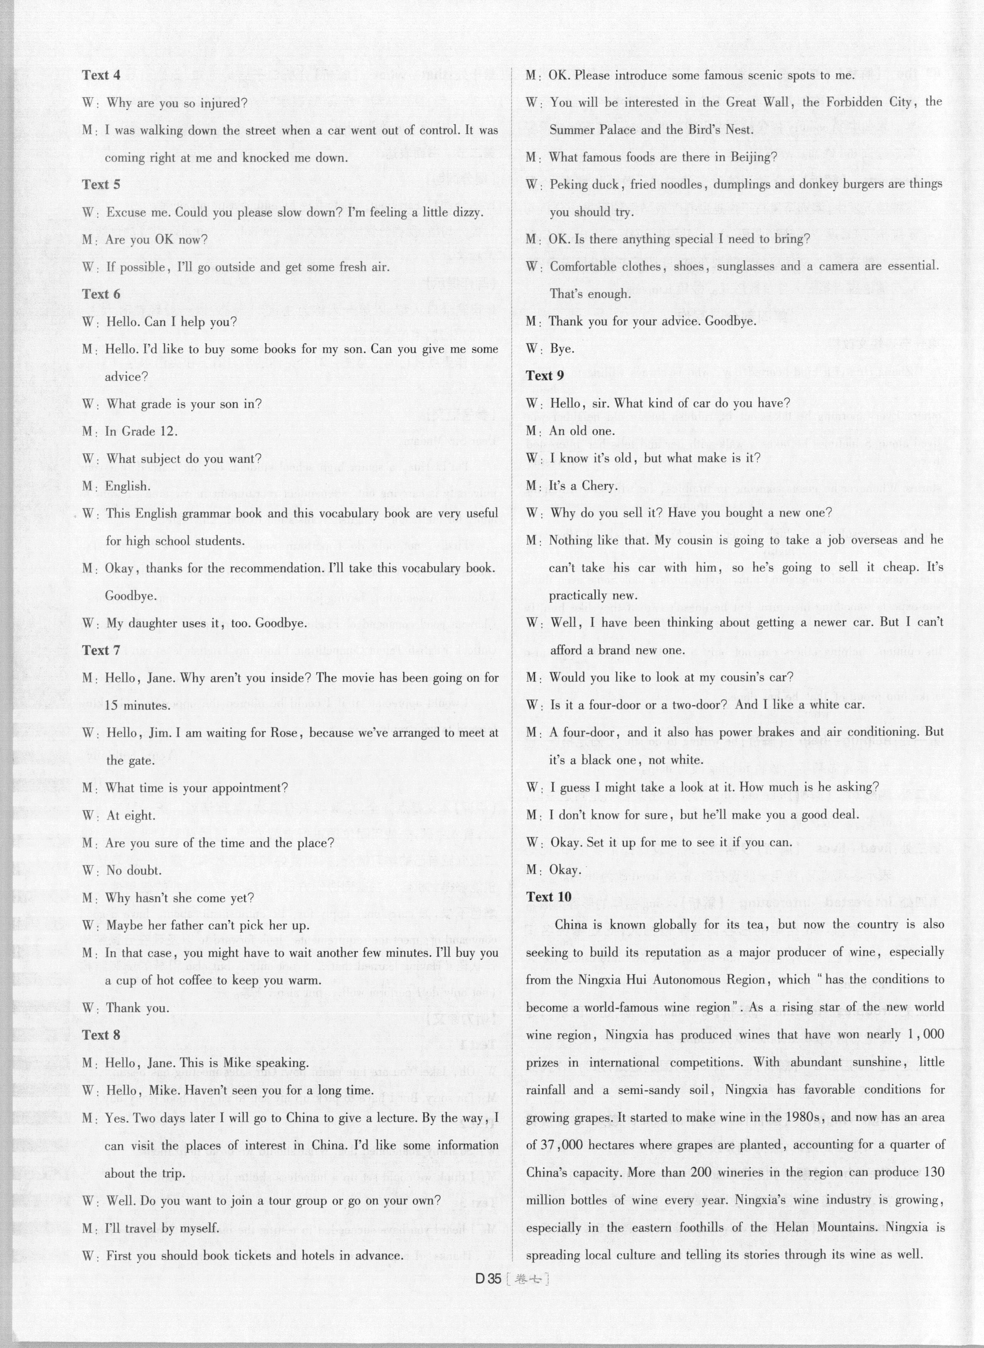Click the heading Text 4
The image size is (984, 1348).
coord(101,75)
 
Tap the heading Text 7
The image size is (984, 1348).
coord(101,650)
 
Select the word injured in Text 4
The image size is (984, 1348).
coord(220,103)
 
